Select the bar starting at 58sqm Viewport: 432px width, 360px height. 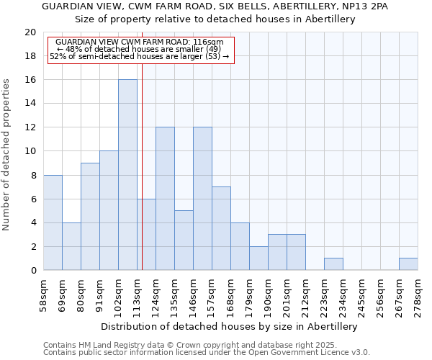pos(53,222)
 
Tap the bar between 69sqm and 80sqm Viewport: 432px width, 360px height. pos(71,246)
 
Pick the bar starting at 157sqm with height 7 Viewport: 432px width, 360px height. pos(221,228)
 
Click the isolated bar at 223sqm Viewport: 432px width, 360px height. pos(333,264)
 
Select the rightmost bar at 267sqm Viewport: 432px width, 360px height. pos(408,264)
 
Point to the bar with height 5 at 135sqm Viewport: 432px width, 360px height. pos(184,240)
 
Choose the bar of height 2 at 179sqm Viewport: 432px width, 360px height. pos(258,258)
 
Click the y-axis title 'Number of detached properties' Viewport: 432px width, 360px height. pos(7,164)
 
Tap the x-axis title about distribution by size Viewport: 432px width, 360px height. pos(230,326)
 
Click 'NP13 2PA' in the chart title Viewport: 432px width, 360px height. pos(366,6)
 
